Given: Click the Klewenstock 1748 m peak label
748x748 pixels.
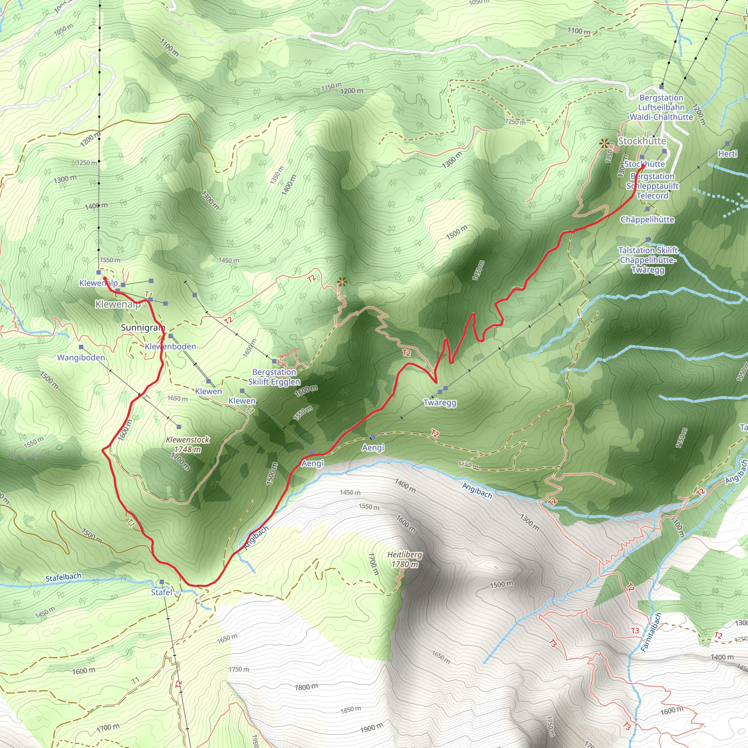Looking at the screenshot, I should [188, 444].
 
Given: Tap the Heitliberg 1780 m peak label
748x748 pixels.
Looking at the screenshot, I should [405, 560].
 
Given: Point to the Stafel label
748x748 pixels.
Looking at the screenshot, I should [161, 592].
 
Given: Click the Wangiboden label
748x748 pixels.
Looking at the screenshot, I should [81, 357].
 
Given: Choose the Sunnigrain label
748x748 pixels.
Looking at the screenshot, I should [143, 328].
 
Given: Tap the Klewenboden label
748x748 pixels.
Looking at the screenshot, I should [170, 347].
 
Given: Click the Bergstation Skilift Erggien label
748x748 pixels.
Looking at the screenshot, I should [274, 377].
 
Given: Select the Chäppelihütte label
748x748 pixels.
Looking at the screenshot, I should [647, 220].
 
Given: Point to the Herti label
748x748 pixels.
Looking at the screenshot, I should [728, 154].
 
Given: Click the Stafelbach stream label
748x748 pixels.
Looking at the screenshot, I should [64, 577].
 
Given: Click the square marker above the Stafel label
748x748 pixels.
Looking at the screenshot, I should [162, 582].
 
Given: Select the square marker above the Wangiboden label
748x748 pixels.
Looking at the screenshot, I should [81, 347].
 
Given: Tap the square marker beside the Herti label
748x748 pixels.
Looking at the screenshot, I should [728, 143].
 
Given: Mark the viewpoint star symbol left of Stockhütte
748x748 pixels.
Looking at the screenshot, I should [604, 144].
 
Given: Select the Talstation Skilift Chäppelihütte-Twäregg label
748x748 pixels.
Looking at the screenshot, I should [648, 260].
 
